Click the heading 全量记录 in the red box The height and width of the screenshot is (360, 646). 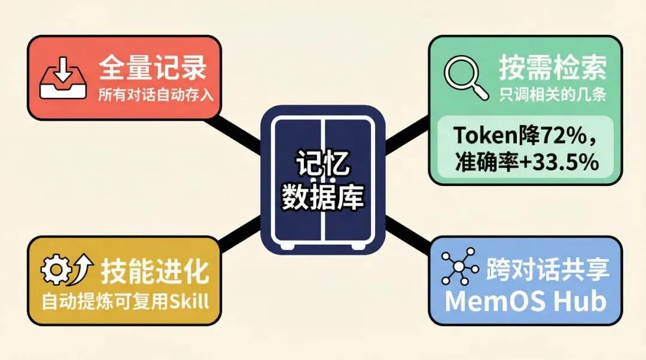pyautogui.click(x=152, y=68)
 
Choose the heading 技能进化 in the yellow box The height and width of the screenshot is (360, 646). pyautogui.click(x=155, y=273)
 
